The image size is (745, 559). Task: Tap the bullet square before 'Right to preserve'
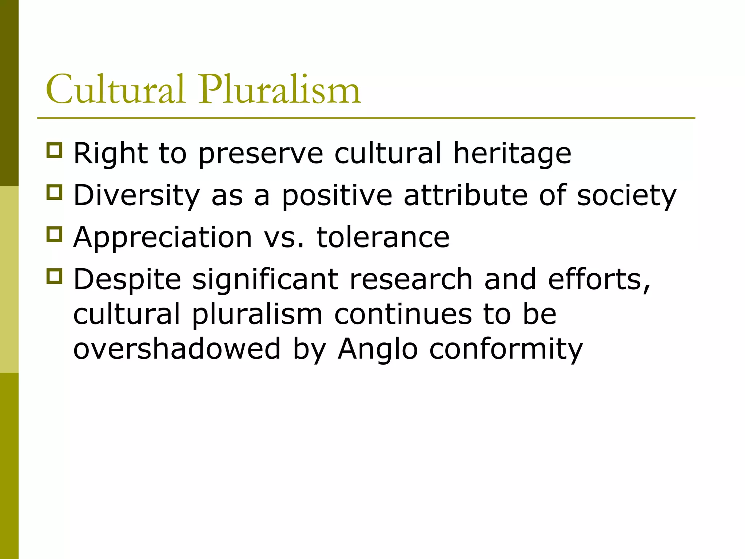pos(55,150)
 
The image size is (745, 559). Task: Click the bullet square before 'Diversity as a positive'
pos(55,192)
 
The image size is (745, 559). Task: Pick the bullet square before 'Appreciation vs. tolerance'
pos(55,234)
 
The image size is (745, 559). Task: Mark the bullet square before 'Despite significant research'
pos(55,276)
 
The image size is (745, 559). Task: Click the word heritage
pos(512,154)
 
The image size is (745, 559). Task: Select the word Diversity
pos(137,195)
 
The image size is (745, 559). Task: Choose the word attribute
pos(466,195)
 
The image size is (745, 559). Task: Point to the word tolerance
pos(383,237)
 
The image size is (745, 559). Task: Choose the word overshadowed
pos(177,349)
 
